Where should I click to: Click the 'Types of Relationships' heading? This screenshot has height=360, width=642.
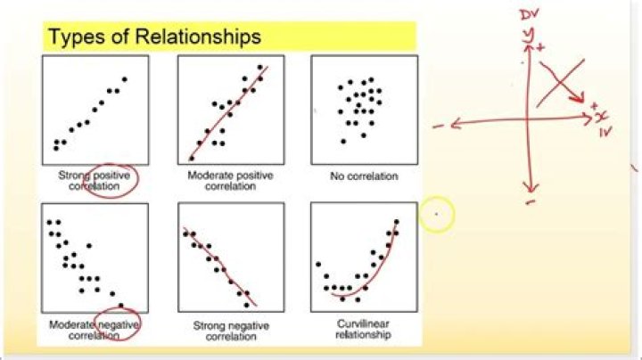pos(154,37)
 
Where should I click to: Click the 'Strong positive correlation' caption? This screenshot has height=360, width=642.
pos(95,181)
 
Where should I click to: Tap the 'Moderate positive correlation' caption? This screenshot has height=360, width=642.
pos(229,181)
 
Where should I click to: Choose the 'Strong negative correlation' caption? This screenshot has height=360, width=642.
pos(229,331)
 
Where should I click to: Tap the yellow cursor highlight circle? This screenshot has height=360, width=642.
pos(436,215)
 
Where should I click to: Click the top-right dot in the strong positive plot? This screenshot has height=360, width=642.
pos(125,79)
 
